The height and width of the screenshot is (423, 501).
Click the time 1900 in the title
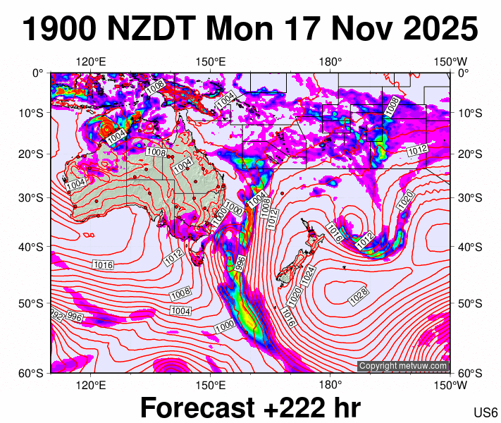coord(59,30)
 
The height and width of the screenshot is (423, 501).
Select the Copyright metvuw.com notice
coord(402,366)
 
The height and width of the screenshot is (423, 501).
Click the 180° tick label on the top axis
coord(330,61)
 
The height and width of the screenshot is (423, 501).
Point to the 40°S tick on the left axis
coord(33,247)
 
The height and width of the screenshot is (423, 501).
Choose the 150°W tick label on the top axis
coord(450,61)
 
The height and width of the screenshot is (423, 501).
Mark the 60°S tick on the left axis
coord(33,373)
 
